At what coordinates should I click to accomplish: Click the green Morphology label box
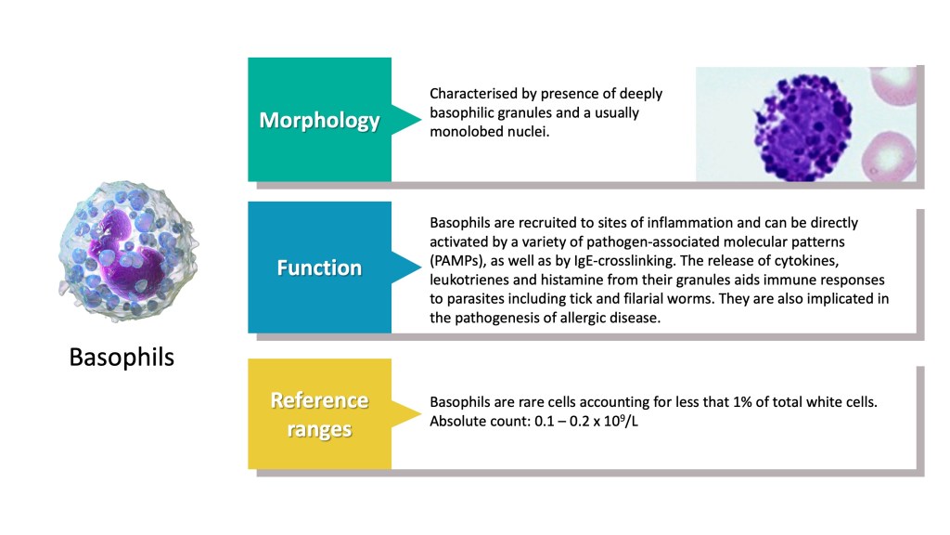tap(319, 120)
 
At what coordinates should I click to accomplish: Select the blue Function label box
tap(319, 267)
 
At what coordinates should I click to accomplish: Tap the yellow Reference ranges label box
tap(319, 414)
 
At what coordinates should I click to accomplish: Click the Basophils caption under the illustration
tap(122, 357)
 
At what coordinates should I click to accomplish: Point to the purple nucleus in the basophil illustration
tap(119, 242)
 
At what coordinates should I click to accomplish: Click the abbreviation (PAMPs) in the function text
tap(459, 261)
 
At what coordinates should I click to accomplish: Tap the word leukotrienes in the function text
tap(468, 280)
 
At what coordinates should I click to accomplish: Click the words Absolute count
tap(472, 422)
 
